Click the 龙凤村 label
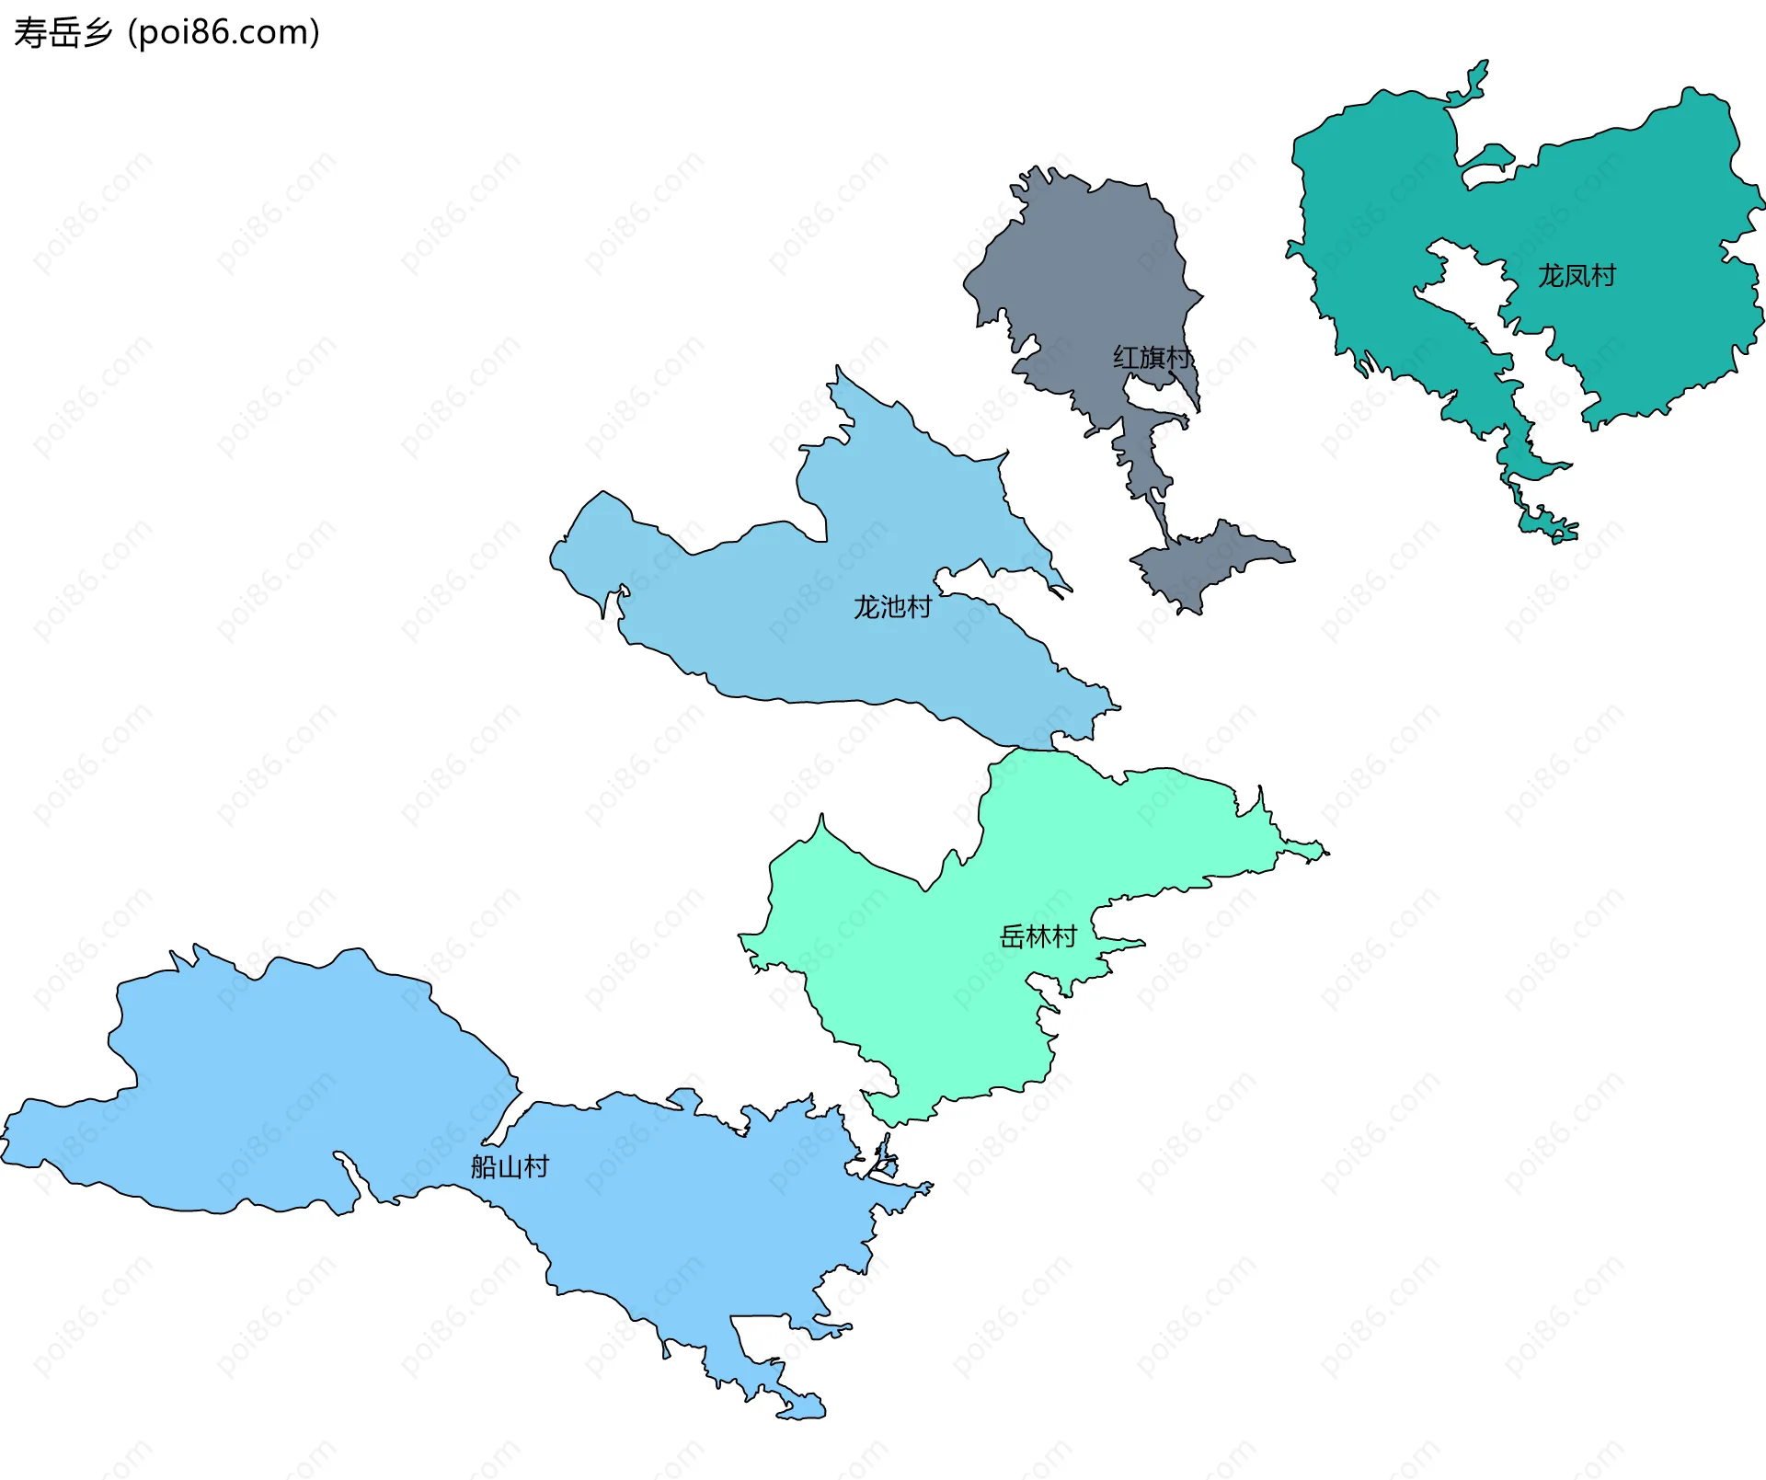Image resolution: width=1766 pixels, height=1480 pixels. [x=1577, y=275]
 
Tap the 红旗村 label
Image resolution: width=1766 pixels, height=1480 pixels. [x=1152, y=357]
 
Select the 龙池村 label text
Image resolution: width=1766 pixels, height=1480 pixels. [x=892, y=607]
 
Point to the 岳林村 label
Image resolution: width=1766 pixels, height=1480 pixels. [x=1038, y=936]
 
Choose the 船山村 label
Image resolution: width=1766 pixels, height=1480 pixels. [x=510, y=1166]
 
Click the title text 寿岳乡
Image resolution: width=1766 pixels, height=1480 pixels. [x=63, y=33]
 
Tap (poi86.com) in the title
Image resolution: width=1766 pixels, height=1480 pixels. [x=224, y=33]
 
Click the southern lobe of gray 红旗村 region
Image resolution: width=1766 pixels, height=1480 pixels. [x=1205, y=561]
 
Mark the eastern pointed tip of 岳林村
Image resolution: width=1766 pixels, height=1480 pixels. [x=1324, y=853]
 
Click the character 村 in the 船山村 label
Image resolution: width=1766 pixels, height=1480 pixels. [x=536, y=1166]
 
